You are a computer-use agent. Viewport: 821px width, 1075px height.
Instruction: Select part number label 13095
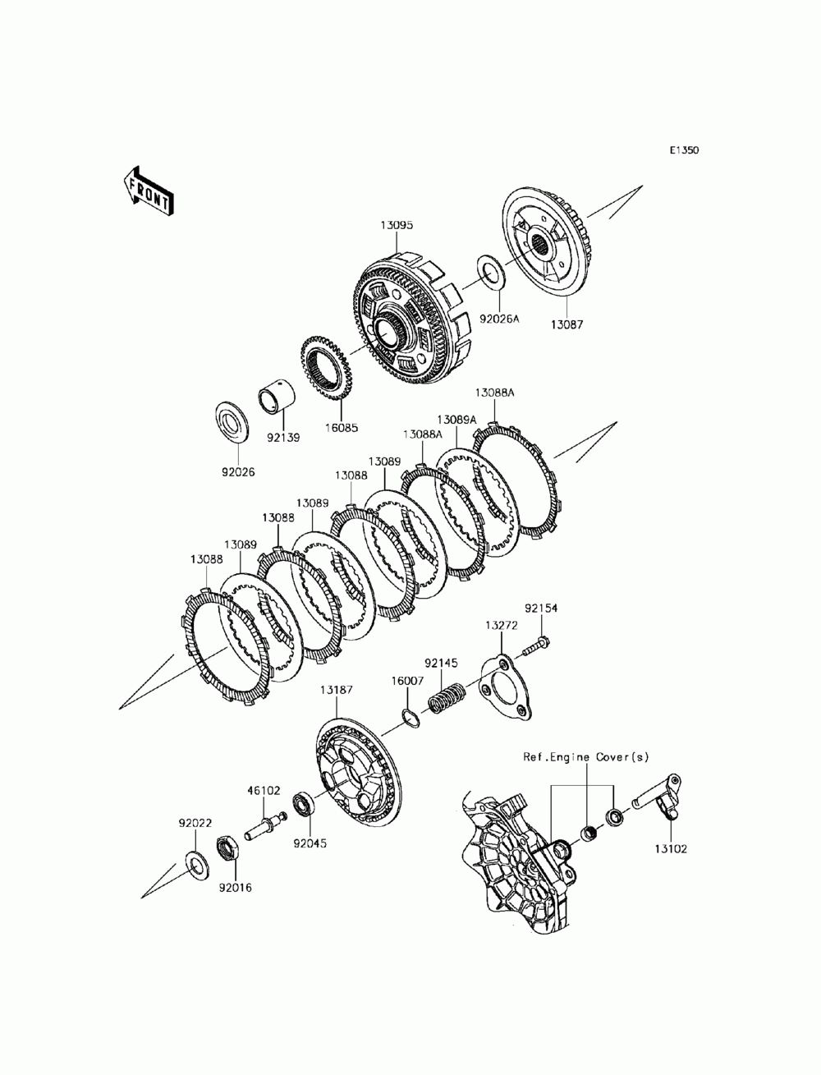(x=397, y=223)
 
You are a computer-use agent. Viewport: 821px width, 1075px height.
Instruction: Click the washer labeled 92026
(x=232, y=424)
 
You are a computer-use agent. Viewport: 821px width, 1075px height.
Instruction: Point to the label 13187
(x=337, y=690)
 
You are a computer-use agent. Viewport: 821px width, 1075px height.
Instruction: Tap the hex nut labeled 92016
(x=227, y=848)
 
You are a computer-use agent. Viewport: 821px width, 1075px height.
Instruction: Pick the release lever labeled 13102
(x=660, y=805)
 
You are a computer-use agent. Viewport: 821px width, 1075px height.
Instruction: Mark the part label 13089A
(x=456, y=419)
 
